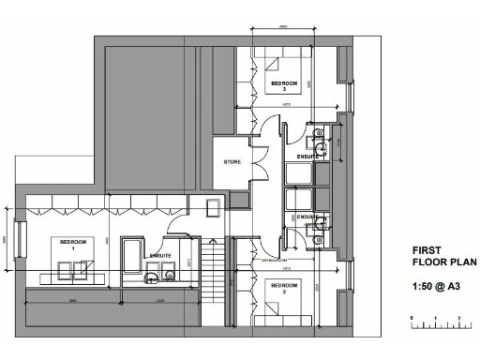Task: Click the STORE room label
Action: [232, 162]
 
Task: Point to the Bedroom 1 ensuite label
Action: [159, 253]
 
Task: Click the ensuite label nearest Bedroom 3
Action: [307, 156]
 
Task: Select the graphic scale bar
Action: [435, 324]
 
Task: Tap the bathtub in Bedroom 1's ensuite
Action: [131, 259]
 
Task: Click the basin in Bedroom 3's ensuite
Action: [321, 147]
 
